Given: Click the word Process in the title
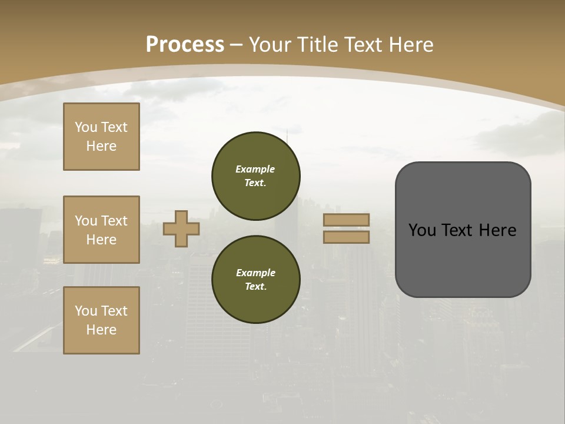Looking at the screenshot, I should [x=185, y=45].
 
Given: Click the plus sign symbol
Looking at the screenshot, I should [x=181, y=228].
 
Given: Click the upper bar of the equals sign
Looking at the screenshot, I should [x=347, y=220].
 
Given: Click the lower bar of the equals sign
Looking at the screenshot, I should [x=347, y=237].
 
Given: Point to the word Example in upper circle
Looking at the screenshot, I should [x=255, y=169].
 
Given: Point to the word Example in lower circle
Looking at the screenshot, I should [x=255, y=273].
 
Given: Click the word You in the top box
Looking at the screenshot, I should [x=85, y=127].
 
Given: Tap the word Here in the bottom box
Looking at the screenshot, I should [x=101, y=330].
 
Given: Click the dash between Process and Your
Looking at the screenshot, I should [x=236, y=45].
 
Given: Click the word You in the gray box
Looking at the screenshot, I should [x=422, y=230].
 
